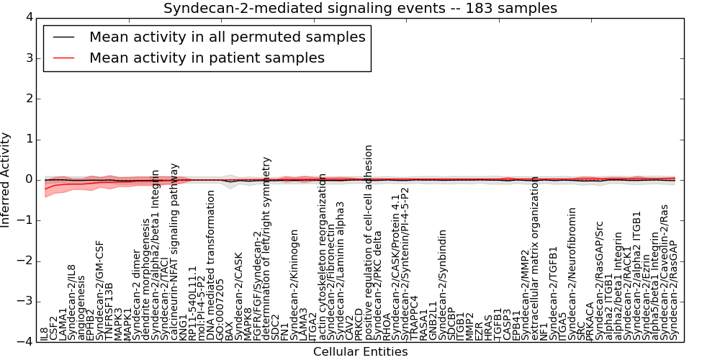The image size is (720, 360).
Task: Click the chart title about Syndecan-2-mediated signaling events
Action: click(360, 9)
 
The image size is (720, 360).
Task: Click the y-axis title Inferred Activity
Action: click(6, 180)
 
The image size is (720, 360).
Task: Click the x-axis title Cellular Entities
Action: click(360, 352)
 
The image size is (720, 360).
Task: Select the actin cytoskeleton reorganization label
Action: click(323, 256)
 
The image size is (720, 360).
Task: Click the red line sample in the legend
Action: click(66, 58)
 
